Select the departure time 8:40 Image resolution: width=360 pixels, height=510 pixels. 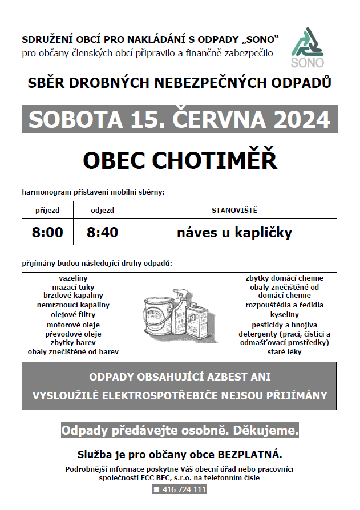click(x=102, y=232)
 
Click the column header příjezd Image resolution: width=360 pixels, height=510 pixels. click(x=47, y=210)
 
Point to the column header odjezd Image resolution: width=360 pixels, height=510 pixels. click(x=102, y=210)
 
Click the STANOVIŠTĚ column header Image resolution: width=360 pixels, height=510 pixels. click(x=234, y=210)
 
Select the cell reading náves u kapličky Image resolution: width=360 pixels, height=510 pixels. click(x=234, y=232)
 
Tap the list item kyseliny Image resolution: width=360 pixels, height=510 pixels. click(x=284, y=314)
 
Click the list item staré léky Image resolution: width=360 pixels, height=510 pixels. click(x=284, y=352)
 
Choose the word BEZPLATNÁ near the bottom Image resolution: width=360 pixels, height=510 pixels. click(x=250, y=455)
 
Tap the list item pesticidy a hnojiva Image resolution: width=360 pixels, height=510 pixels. click(x=284, y=324)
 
